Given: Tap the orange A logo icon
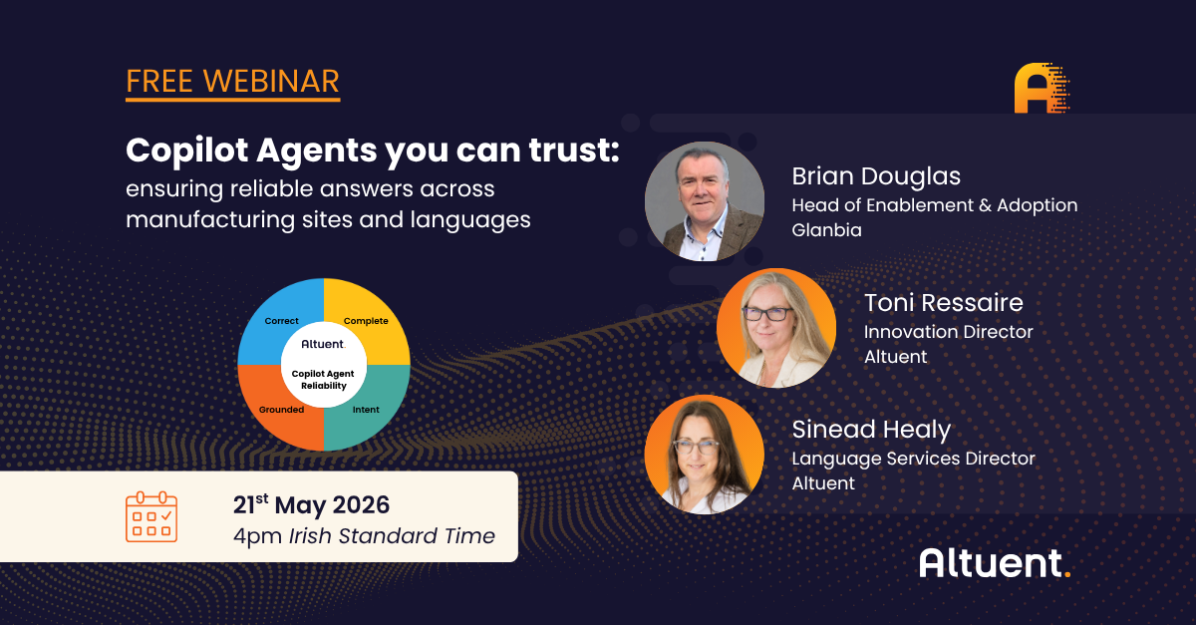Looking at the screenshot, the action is tap(1042, 88).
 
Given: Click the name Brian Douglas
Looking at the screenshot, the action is tap(876, 176).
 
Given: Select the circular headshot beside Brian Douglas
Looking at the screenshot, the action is tap(705, 201).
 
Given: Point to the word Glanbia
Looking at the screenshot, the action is tap(826, 230).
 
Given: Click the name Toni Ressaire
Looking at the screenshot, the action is tap(944, 303).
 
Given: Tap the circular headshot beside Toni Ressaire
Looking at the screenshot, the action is tap(776, 328).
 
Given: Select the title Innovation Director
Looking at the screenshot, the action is tap(948, 332).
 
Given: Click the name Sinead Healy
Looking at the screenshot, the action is tap(871, 430).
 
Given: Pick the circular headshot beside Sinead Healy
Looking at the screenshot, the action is tap(705, 455).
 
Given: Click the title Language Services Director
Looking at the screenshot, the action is tap(913, 459).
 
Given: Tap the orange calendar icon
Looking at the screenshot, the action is tap(151, 516).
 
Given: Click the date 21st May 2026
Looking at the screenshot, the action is tap(311, 504).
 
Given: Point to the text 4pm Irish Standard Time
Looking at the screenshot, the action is tap(364, 536).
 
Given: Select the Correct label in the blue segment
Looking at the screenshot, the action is tap(281, 321).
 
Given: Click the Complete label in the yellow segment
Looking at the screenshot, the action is tap(366, 321).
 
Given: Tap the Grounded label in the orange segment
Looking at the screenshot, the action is tap(281, 410).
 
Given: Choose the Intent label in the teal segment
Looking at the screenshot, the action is tap(366, 410).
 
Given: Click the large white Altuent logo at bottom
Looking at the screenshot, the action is tap(995, 563).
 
